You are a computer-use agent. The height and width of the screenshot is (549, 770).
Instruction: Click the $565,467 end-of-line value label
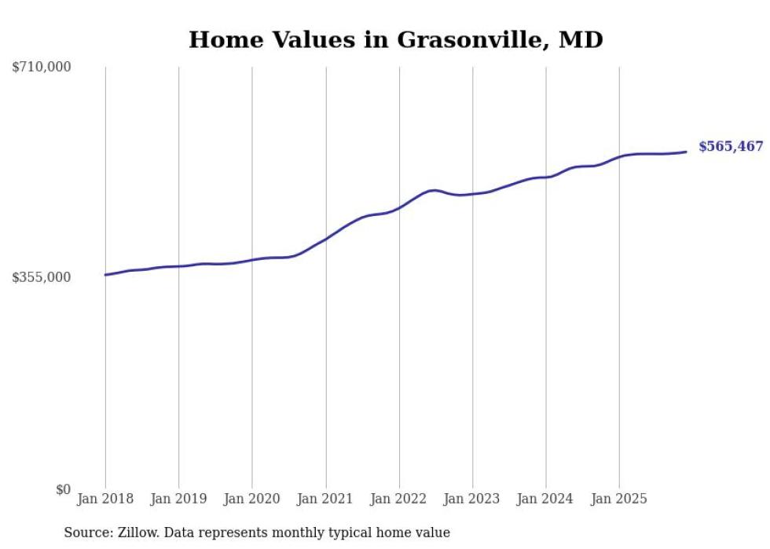click(x=730, y=146)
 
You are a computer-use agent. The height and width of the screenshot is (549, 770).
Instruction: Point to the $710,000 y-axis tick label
click(x=42, y=68)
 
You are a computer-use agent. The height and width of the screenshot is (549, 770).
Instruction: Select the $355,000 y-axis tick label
click(x=42, y=277)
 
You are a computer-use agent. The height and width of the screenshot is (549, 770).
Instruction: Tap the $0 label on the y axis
click(x=63, y=489)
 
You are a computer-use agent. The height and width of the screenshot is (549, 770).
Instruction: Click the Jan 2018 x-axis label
click(x=105, y=499)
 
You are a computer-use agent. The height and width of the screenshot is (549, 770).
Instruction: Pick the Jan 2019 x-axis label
click(x=178, y=499)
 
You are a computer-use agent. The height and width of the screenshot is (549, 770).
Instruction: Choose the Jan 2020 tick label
click(x=252, y=499)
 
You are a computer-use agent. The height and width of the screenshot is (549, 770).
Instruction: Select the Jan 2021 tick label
click(x=325, y=499)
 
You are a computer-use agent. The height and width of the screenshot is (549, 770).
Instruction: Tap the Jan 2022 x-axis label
click(x=399, y=499)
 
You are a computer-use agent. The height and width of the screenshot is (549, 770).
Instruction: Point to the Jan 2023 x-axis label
click(x=472, y=499)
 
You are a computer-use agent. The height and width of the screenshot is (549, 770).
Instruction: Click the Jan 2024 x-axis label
click(x=546, y=499)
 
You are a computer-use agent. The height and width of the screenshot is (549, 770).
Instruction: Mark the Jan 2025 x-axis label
click(x=619, y=499)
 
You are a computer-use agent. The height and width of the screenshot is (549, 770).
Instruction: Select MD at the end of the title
click(x=581, y=39)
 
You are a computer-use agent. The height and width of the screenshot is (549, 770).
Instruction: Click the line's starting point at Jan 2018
click(x=105, y=275)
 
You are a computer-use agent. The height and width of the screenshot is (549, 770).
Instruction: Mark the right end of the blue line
click(x=687, y=152)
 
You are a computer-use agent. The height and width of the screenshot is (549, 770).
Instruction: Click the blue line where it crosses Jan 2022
click(x=399, y=208)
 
